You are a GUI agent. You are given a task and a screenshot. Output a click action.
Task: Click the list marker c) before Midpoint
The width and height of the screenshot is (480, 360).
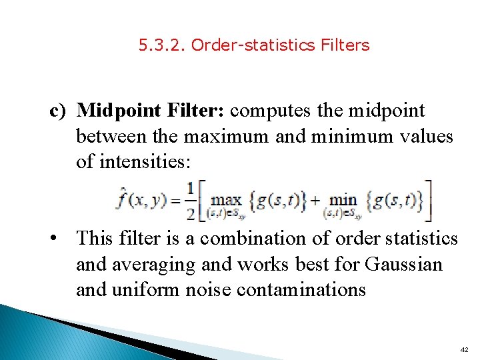(59, 110)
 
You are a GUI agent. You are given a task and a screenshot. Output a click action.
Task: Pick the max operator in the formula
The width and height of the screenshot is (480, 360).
(226, 199)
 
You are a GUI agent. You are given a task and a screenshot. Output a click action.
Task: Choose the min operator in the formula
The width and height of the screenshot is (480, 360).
(343, 199)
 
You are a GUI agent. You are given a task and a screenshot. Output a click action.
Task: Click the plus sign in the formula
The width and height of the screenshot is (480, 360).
(315, 199)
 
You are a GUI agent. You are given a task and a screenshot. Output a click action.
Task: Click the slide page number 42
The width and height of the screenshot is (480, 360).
(464, 349)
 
